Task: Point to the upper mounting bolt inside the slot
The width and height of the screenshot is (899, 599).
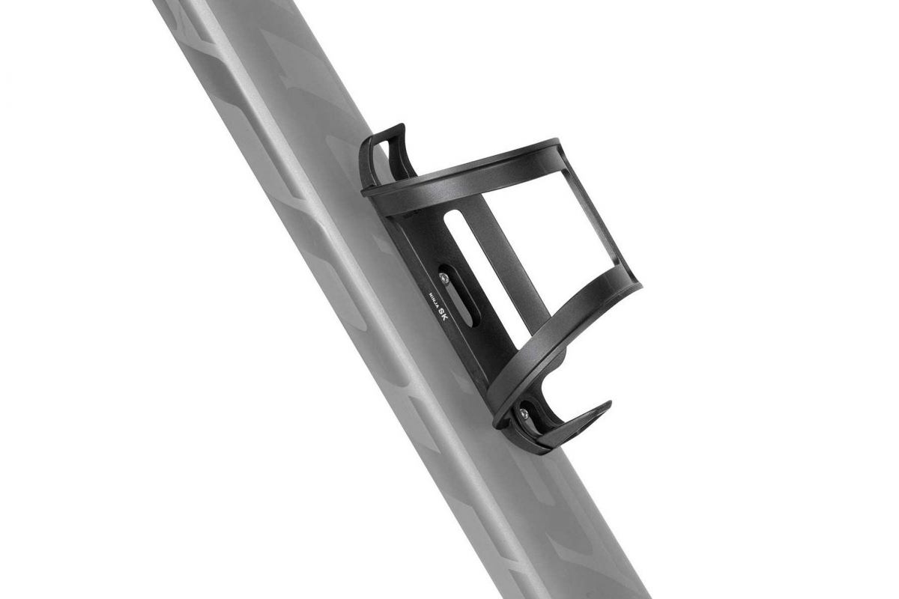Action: (x=445, y=278)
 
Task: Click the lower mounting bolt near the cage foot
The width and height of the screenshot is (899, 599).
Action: (x=524, y=413)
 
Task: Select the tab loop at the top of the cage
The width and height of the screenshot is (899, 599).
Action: (x=387, y=153)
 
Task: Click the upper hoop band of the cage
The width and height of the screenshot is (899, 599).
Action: (x=464, y=171)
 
